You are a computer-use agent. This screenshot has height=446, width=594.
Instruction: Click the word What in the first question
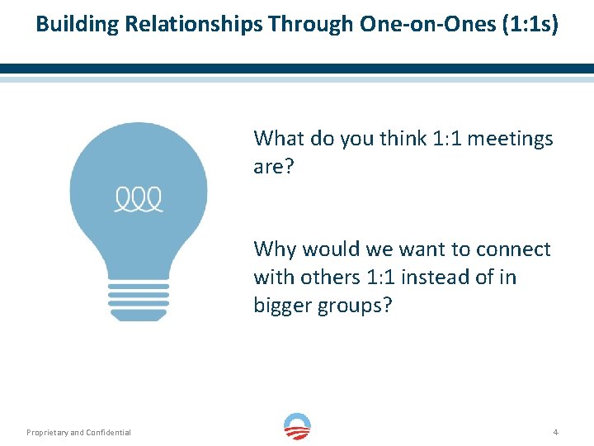coord(278,138)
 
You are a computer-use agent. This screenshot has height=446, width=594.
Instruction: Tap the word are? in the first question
coord(273,167)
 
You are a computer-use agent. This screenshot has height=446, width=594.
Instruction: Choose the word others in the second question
coord(321,277)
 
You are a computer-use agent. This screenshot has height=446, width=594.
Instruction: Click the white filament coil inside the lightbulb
coord(138,199)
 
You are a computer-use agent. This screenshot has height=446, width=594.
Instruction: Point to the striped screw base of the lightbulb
coord(138,302)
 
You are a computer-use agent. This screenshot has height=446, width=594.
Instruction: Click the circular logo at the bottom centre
coord(297,427)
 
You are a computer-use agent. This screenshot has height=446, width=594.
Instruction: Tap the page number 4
coord(556,432)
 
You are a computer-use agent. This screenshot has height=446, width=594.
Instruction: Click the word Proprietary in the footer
coord(46,432)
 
